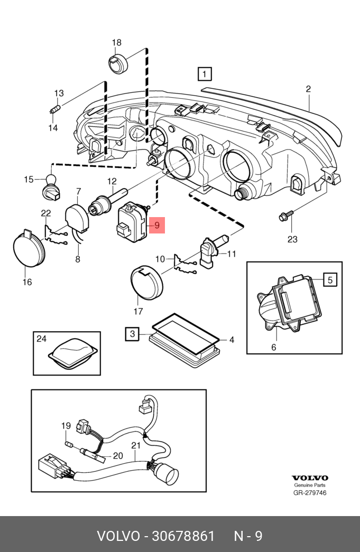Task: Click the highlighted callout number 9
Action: [x=157, y=225]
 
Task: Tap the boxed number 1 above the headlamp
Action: [x=204, y=74]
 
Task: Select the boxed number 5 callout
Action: [x=330, y=280]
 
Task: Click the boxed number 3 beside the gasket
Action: [x=133, y=334]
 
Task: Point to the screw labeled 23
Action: [x=285, y=216]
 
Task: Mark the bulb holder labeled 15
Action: [x=51, y=186]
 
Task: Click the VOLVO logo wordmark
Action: [x=310, y=478]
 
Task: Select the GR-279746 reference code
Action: [x=310, y=492]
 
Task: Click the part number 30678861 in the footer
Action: [x=183, y=536]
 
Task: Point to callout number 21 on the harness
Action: [x=136, y=445]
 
